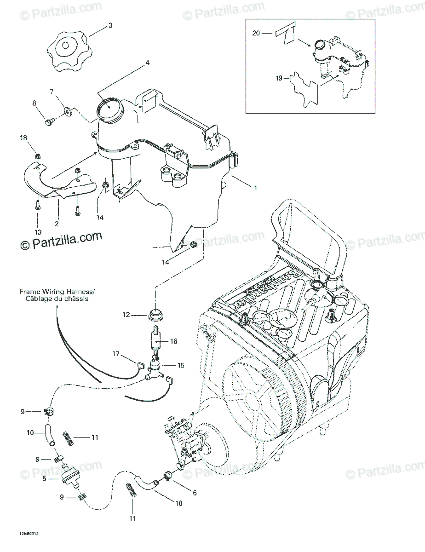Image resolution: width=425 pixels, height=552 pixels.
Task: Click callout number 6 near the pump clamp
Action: pyautogui.click(x=195, y=493)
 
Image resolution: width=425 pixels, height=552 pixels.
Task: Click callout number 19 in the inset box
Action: pyautogui.click(x=279, y=78)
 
